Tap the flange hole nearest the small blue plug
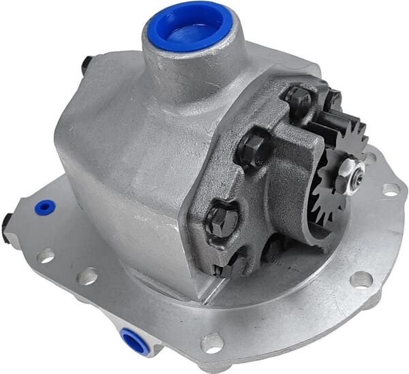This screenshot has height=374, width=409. coord(45,255)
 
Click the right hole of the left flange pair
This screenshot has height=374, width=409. coord(87,276)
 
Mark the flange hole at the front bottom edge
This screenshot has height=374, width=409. coord(212,341)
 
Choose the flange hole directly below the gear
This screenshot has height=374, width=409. coord(361,279)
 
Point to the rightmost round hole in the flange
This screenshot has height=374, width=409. coord(391,189)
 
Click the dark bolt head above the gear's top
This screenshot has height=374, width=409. coord(332,99)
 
